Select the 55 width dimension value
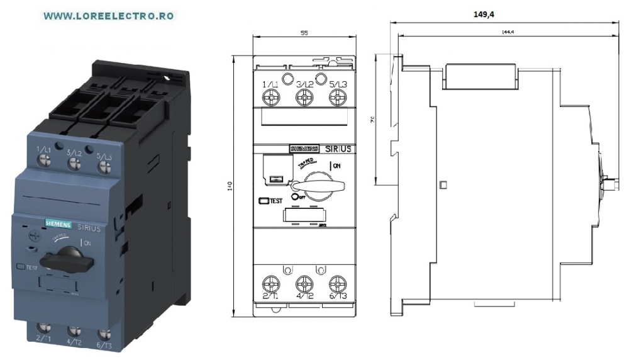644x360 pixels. click(304, 33)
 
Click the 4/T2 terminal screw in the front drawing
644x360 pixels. click(304, 279)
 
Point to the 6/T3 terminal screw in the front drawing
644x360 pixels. click(338, 279)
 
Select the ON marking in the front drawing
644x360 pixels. click(337, 166)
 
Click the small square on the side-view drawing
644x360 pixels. click(443, 185)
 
